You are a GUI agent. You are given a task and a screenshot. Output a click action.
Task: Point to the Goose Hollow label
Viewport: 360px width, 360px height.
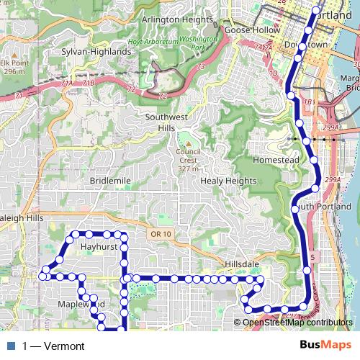[247, 31]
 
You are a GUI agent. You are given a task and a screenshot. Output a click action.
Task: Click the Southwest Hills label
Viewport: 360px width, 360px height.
[166, 122]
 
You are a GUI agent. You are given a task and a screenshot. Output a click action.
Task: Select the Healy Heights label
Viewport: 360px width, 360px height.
[228, 181]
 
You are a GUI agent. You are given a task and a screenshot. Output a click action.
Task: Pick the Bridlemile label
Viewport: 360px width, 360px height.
[110, 181]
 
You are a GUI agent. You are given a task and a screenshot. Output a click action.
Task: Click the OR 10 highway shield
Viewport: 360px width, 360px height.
[162, 234]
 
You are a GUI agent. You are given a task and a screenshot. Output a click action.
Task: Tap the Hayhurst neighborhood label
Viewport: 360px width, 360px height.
[99, 246]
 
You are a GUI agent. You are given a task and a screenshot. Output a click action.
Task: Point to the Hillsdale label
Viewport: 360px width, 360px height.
[242, 264]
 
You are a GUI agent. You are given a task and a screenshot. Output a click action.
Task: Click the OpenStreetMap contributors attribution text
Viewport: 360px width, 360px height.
[297, 323]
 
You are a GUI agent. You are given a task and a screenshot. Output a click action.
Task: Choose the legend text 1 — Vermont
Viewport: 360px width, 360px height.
[53, 346]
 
